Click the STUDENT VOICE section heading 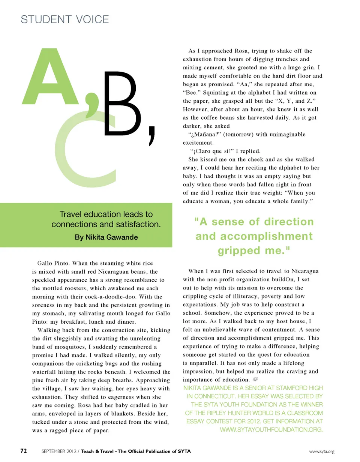[65, 19]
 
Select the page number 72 [23, 451]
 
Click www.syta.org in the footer [321, 451]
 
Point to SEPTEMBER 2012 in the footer [57, 451]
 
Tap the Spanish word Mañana [200, 134]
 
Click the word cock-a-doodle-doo [108, 297]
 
